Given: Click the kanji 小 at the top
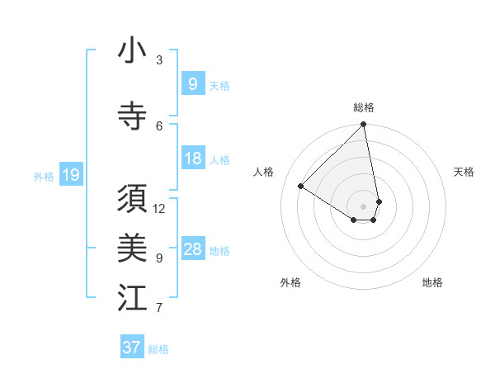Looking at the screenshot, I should [132, 51].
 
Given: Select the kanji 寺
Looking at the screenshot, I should [132, 116].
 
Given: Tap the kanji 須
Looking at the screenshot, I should [132, 200].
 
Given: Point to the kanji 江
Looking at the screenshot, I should [132, 298].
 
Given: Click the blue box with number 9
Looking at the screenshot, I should [192, 83].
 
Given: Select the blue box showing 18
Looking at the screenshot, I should [192, 159].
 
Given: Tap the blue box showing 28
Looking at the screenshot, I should [192, 249].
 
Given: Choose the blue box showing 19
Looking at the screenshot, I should [70, 175].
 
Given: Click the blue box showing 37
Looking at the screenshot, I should [131, 348].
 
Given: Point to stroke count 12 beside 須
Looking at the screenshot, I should [159, 208].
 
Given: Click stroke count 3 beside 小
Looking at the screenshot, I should [159, 59].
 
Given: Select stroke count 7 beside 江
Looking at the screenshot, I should [159, 308].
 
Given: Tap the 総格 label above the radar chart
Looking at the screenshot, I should [364, 107].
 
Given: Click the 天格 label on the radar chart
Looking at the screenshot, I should [464, 172].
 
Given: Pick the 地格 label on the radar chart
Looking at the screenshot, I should [432, 282].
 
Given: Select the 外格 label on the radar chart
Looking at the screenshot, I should [290, 282].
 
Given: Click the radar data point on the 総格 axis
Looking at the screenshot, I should [364, 125].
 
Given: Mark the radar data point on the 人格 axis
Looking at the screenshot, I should [301, 186].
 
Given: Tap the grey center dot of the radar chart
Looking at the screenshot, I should [364, 206].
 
